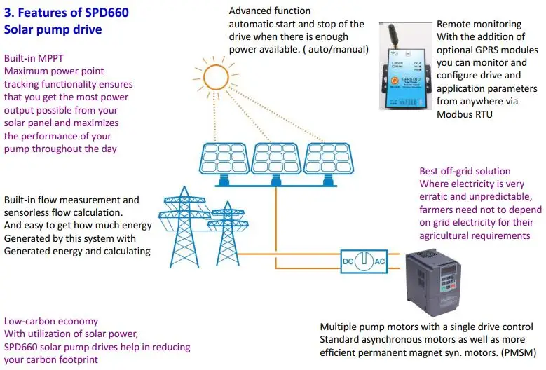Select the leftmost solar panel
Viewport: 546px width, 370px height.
[225, 160]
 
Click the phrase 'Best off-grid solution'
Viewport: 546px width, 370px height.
[465, 172]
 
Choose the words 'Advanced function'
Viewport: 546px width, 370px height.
[270, 11]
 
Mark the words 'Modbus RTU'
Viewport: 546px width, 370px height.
[465, 114]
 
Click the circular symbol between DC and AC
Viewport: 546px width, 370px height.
[363, 261]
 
